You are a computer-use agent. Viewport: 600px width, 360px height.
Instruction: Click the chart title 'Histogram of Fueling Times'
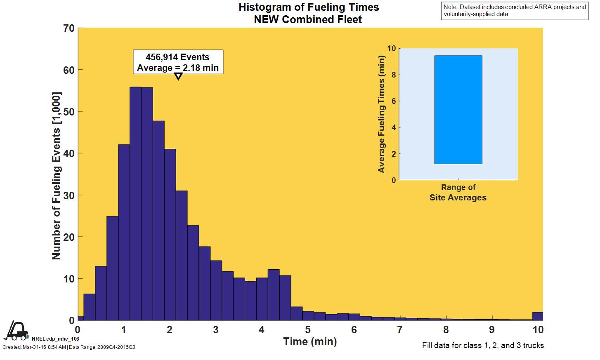[309, 7]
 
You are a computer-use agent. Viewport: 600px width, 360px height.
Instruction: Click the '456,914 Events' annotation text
[178, 57]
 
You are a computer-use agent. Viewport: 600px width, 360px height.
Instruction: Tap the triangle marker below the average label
[178, 76]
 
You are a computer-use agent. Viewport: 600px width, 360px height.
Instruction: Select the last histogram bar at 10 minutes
[538, 316]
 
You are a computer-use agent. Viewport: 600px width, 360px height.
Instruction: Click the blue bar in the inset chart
[458, 110]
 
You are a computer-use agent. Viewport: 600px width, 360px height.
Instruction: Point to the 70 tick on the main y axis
[69, 28]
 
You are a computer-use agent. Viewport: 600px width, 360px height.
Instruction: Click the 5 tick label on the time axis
[308, 330]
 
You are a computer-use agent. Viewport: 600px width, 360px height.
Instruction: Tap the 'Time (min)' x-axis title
[310, 341]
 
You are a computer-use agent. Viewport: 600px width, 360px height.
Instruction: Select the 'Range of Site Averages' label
[458, 193]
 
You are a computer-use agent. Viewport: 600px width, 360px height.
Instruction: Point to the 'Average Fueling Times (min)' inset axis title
[381, 114]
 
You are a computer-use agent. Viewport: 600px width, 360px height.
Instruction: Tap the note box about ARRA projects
[515, 10]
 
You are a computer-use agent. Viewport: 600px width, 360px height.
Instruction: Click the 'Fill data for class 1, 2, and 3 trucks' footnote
[483, 346]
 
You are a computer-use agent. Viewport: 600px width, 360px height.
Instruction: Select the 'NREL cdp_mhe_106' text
[55, 339]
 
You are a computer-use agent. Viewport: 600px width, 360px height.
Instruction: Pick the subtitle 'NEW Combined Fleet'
[308, 19]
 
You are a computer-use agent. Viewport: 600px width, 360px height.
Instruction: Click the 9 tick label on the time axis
[492, 330]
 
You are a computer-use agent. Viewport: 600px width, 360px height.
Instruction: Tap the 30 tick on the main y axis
[69, 195]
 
